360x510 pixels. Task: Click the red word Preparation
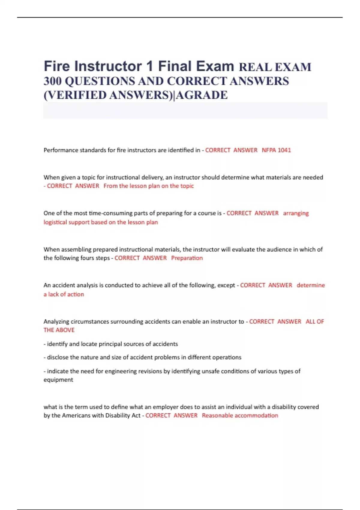pyautogui.click(x=187, y=258)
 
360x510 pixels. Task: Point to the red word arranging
pyautogui.click(x=296, y=213)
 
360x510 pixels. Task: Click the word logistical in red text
pyautogui.click(x=55, y=222)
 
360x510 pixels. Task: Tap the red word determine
pyautogui.click(x=310, y=285)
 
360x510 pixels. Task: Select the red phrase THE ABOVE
pyautogui.click(x=59, y=330)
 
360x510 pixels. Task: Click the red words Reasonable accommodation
pyautogui.click(x=240, y=415)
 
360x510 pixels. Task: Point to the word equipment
pyautogui.click(x=58, y=380)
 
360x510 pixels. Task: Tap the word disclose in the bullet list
pyautogui.click(x=58, y=357)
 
